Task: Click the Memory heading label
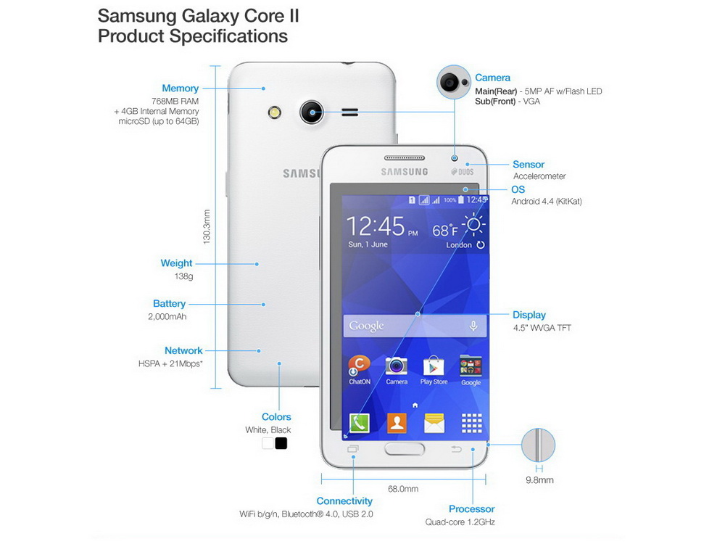click(x=180, y=88)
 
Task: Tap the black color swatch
click(x=281, y=443)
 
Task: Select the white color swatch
click(x=268, y=443)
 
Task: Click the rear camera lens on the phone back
click(x=311, y=112)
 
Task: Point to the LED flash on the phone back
click(x=275, y=112)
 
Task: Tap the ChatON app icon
click(x=360, y=366)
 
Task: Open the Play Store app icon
click(x=434, y=366)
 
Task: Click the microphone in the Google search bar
click(x=473, y=326)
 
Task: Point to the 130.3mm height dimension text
click(x=207, y=226)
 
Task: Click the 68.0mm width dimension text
click(x=403, y=488)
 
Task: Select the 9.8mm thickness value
click(x=539, y=480)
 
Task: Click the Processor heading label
click(x=472, y=509)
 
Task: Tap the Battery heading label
click(x=169, y=303)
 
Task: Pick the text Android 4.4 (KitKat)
click(x=547, y=201)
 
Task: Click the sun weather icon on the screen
click(x=473, y=226)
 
